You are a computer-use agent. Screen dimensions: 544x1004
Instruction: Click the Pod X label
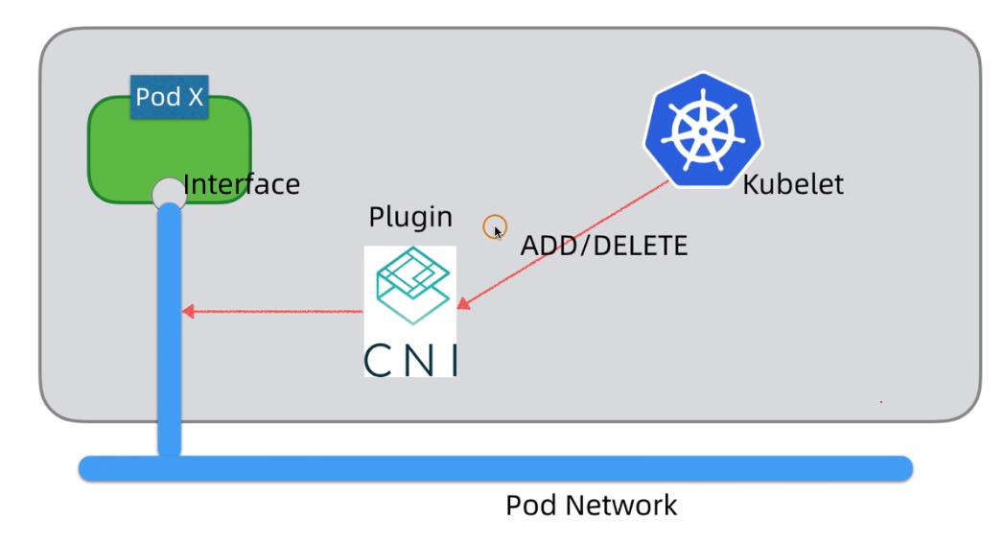[169, 97]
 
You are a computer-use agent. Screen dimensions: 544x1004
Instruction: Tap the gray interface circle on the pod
[168, 191]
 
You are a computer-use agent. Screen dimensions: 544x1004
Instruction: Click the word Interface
[242, 184]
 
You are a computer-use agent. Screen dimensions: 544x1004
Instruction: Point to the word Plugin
[409, 217]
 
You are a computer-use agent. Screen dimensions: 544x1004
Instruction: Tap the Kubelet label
[793, 184]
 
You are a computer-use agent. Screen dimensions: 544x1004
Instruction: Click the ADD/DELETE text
[604, 246]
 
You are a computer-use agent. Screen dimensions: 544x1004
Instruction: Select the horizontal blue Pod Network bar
[495, 468]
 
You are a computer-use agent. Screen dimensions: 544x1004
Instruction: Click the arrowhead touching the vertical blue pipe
[188, 311]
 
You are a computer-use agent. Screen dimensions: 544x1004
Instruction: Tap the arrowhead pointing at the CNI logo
[463, 303]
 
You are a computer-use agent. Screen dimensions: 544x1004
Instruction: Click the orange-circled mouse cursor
[495, 228]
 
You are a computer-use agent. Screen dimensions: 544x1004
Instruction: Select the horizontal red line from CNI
[278, 311]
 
